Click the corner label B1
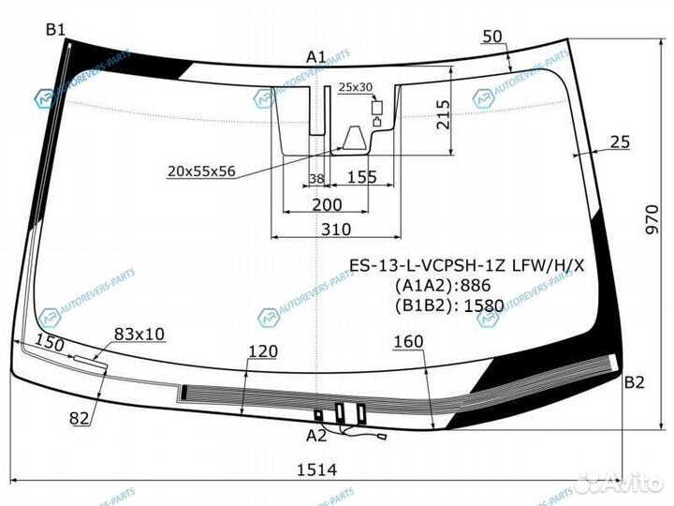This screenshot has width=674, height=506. point(56,30)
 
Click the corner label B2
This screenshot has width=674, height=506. point(635,382)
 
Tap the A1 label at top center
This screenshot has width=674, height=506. point(315,58)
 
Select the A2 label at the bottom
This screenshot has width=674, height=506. point(316,434)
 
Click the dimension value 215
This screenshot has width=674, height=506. point(443,115)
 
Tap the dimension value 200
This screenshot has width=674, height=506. point(327,203)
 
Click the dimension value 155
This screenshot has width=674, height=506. point(360,177)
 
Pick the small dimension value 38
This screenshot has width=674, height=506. point(315,177)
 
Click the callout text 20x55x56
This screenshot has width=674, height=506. point(201,171)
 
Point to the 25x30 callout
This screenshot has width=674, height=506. point(356,87)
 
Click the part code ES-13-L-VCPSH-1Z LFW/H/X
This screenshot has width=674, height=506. point(466,265)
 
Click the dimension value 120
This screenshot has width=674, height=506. point(264,351)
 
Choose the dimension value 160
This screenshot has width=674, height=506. point(409,342)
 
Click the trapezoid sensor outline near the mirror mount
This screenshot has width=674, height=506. point(354,139)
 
